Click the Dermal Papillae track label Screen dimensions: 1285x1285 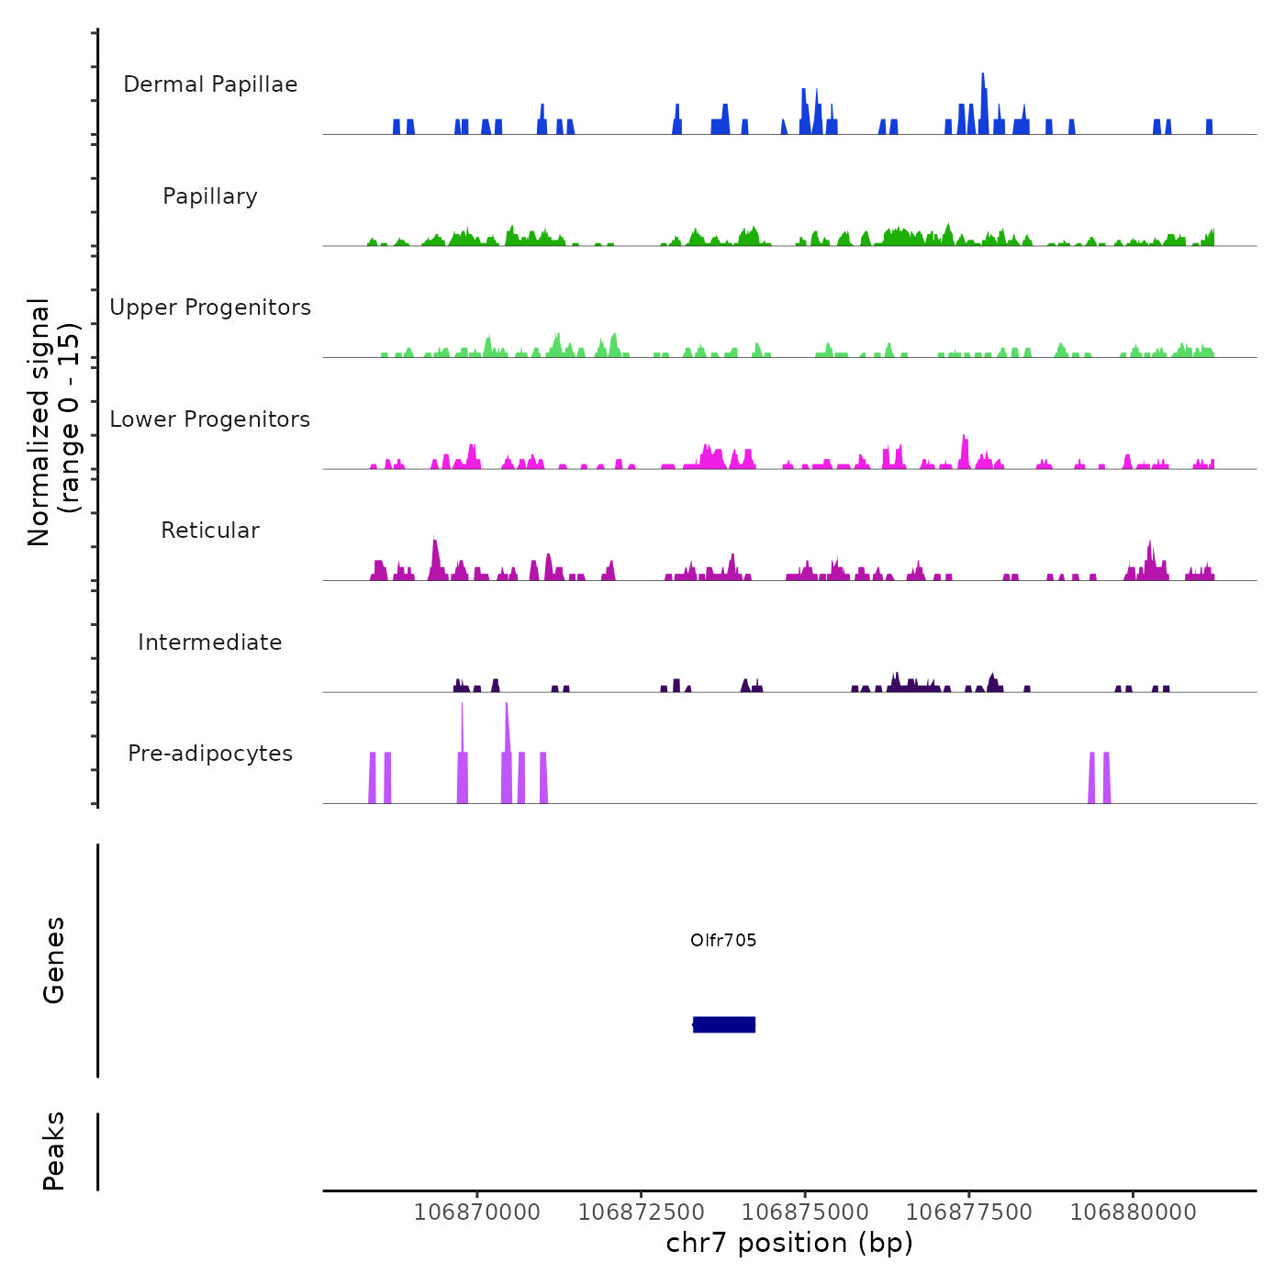pyautogui.click(x=210, y=84)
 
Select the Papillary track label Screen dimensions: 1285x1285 pyautogui.click(x=210, y=196)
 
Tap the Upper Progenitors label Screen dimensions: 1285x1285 pyautogui.click(x=210, y=307)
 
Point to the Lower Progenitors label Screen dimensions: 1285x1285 pyautogui.click(x=210, y=419)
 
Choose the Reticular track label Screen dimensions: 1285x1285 pyautogui.click(x=210, y=531)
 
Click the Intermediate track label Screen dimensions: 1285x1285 pyautogui.click(x=210, y=642)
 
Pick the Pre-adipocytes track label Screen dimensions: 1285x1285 pyautogui.click(x=210, y=754)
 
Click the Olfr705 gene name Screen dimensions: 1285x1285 pyautogui.click(x=723, y=940)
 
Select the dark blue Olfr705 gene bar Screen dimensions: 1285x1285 pyautogui.click(x=724, y=1024)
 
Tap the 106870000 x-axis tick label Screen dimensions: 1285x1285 pyautogui.click(x=477, y=1212)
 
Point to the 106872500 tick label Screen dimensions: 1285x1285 pyautogui.click(x=642, y=1212)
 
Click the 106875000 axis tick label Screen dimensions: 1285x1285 pyautogui.click(x=805, y=1212)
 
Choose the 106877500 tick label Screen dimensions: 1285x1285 pyautogui.click(x=969, y=1212)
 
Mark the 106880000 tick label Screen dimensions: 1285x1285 pyautogui.click(x=1134, y=1212)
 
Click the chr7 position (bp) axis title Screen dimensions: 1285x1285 pyautogui.click(x=789, y=1243)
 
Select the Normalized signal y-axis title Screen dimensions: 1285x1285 pyautogui.click(x=53, y=422)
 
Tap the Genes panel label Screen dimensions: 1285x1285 pyautogui.click(x=54, y=960)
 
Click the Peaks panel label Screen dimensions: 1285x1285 pyautogui.click(x=54, y=1151)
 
